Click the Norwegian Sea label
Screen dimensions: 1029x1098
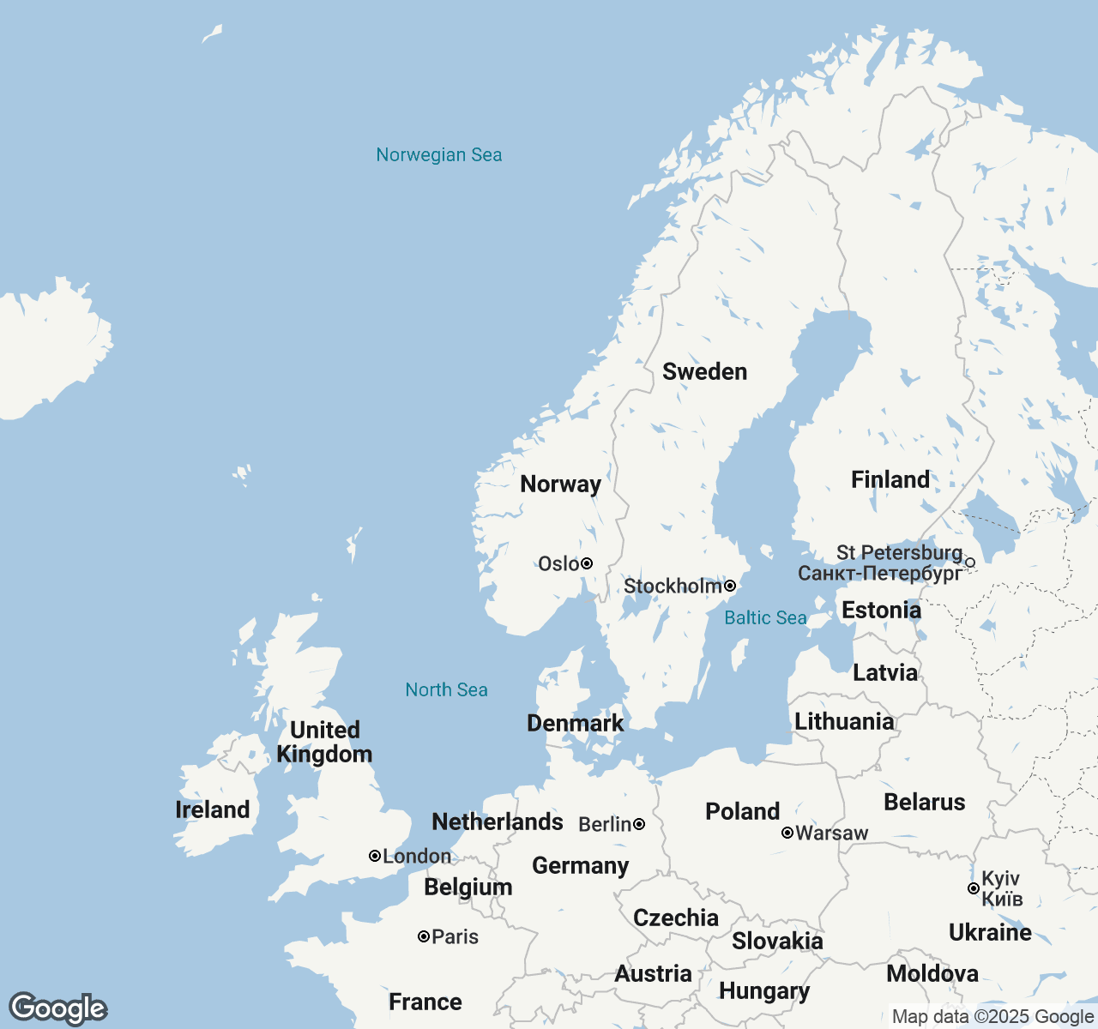[x=438, y=155]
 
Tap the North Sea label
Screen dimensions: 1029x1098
[x=446, y=690]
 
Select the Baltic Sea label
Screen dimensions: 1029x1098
[x=765, y=618]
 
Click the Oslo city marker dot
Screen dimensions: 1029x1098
[x=587, y=563]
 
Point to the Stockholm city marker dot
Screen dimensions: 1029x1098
[x=730, y=586]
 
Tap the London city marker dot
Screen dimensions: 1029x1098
[x=375, y=856]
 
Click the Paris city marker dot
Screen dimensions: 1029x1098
[x=424, y=936]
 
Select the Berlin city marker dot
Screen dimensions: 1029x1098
[x=639, y=824]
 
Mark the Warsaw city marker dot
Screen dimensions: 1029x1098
[x=787, y=833]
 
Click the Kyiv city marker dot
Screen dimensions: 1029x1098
[x=973, y=888]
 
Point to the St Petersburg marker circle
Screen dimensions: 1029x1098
[x=970, y=563]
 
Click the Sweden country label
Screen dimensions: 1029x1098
[x=704, y=372]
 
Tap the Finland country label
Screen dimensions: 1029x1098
[x=890, y=480]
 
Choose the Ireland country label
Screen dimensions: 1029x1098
[x=212, y=810]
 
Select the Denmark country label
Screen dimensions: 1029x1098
[x=575, y=724]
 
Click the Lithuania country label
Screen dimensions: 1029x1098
[x=844, y=722]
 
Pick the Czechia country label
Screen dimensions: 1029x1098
[x=675, y=918]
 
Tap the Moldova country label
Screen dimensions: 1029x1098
[x=932, y=974]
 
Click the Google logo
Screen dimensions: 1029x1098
[x=57, y=1008]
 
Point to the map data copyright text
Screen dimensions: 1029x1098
[x=992, y=1017]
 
